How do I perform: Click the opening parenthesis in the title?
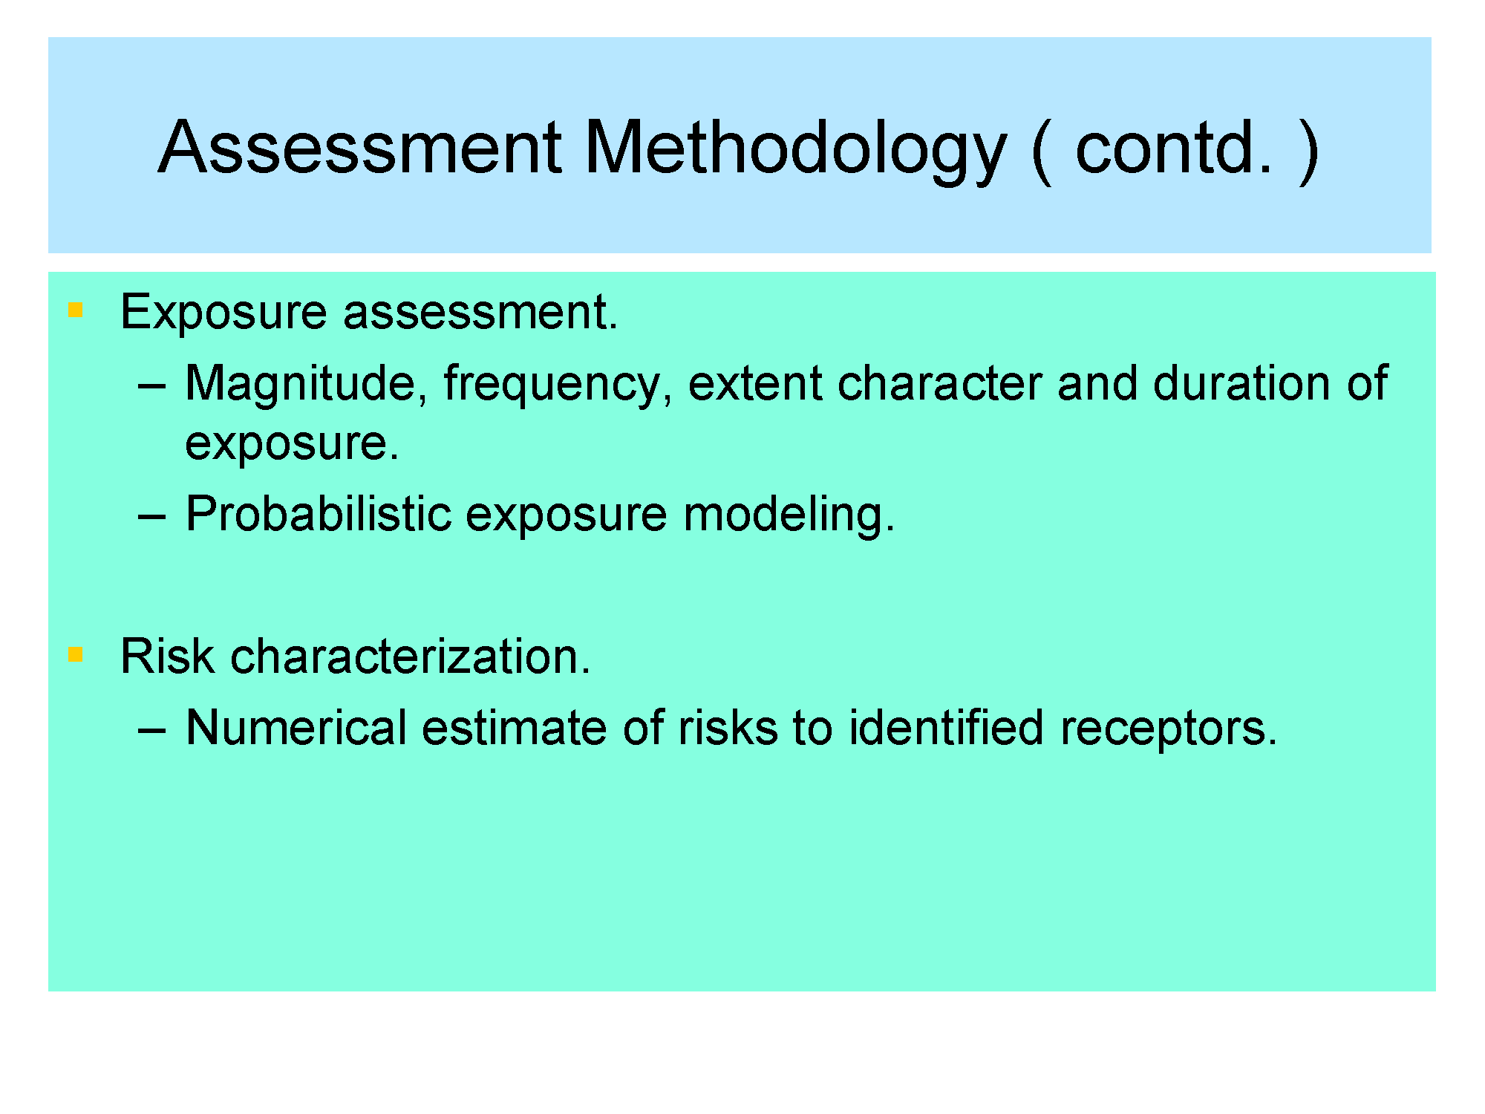[1041, 152]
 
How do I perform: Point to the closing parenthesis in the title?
[1308, 152]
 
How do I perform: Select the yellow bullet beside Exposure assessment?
[75, 310]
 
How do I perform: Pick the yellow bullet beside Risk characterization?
[75, 654]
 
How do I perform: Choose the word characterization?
[411, 657]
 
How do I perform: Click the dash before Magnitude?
[151, 387]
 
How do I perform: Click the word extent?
[755, 384]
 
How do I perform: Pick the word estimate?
[515, 728]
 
